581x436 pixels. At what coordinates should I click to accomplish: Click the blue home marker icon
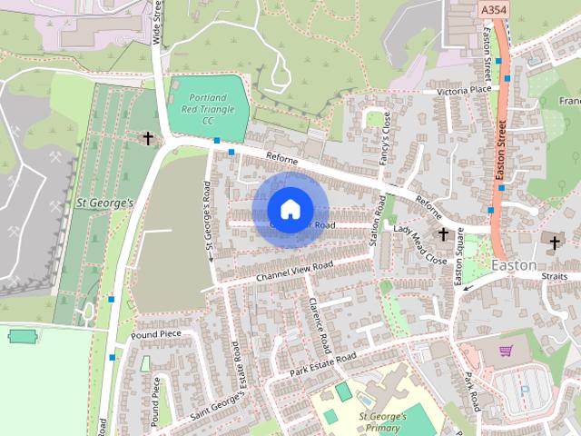[x=289, y=210]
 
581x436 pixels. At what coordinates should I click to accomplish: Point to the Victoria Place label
[x=463, y=91]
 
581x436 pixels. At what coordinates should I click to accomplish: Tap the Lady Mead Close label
[x=420, y=244]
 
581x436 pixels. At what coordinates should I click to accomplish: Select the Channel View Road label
[x=294, y=270]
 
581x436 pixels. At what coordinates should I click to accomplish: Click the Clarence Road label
[x=319, y=326]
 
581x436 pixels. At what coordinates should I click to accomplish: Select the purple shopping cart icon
[x=506, y=350]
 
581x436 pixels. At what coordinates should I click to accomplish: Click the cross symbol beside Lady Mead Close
[x=443, y=234]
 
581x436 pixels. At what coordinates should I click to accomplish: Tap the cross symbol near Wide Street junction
[x=147, y=138]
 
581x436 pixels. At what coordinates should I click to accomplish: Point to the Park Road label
[x=471, y=391]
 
